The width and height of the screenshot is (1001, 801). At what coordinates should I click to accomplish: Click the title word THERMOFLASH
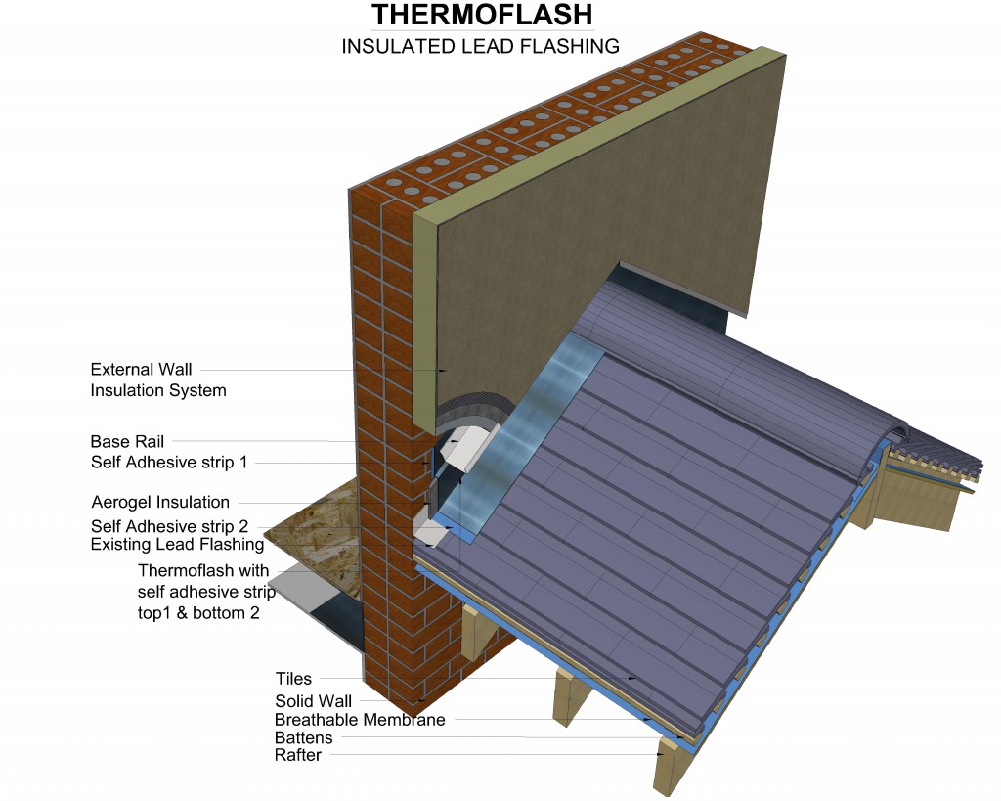[x=482, y=15]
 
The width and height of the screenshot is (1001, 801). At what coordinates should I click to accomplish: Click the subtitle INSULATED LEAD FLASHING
[x=481, y=47]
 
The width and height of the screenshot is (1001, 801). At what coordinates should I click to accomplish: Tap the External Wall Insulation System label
[x=158, y=379]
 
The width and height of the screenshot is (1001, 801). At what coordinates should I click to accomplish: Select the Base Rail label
[x=127, y=441]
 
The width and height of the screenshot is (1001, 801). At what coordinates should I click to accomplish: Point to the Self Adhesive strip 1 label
[x=169, y=462]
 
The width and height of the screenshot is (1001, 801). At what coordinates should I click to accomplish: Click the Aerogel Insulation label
[x=160, y=502]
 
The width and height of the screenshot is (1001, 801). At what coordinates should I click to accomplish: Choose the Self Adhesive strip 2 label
[x=169, y=526]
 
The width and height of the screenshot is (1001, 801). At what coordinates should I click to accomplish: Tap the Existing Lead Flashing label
[x=178, y=544]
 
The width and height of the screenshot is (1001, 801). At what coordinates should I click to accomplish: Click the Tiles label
[x=293, y=679]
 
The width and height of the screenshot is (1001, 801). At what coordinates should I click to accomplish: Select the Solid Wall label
[x=314, y=701]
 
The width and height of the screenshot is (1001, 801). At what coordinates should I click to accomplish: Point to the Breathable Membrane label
[x=360, y=720]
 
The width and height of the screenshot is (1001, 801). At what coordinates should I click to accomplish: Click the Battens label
[x=304, y=737]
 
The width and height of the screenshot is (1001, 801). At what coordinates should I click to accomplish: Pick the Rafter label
[x=298, y=755]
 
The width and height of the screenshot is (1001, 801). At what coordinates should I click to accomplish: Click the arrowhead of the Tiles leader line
[x=632, y=679]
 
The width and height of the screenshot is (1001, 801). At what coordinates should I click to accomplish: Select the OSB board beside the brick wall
[x=313, y=543]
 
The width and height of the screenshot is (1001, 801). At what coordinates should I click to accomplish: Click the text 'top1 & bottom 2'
[x=198, y=613]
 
